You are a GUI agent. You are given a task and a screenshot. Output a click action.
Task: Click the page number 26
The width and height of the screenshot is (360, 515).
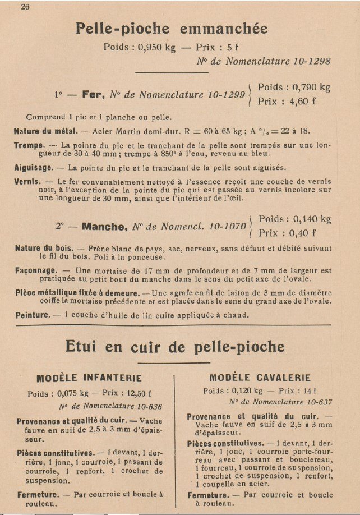click(x=25, y=7)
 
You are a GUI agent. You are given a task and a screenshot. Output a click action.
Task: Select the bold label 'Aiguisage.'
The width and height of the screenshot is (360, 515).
click(x=33, y=167)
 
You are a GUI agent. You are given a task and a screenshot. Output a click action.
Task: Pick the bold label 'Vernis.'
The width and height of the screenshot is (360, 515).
click(x=27, y=182)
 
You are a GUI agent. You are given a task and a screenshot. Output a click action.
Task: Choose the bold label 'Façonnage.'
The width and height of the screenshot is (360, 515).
click(x=34, y=270)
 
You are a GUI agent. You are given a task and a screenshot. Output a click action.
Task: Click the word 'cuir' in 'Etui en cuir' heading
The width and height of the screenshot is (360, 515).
click(x=163, y=346)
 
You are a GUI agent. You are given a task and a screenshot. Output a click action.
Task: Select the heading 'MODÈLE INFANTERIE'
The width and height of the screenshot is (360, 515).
click(x=89, y=378)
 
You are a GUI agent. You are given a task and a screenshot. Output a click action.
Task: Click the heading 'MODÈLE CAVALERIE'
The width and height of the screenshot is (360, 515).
click(x=260, y=378)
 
